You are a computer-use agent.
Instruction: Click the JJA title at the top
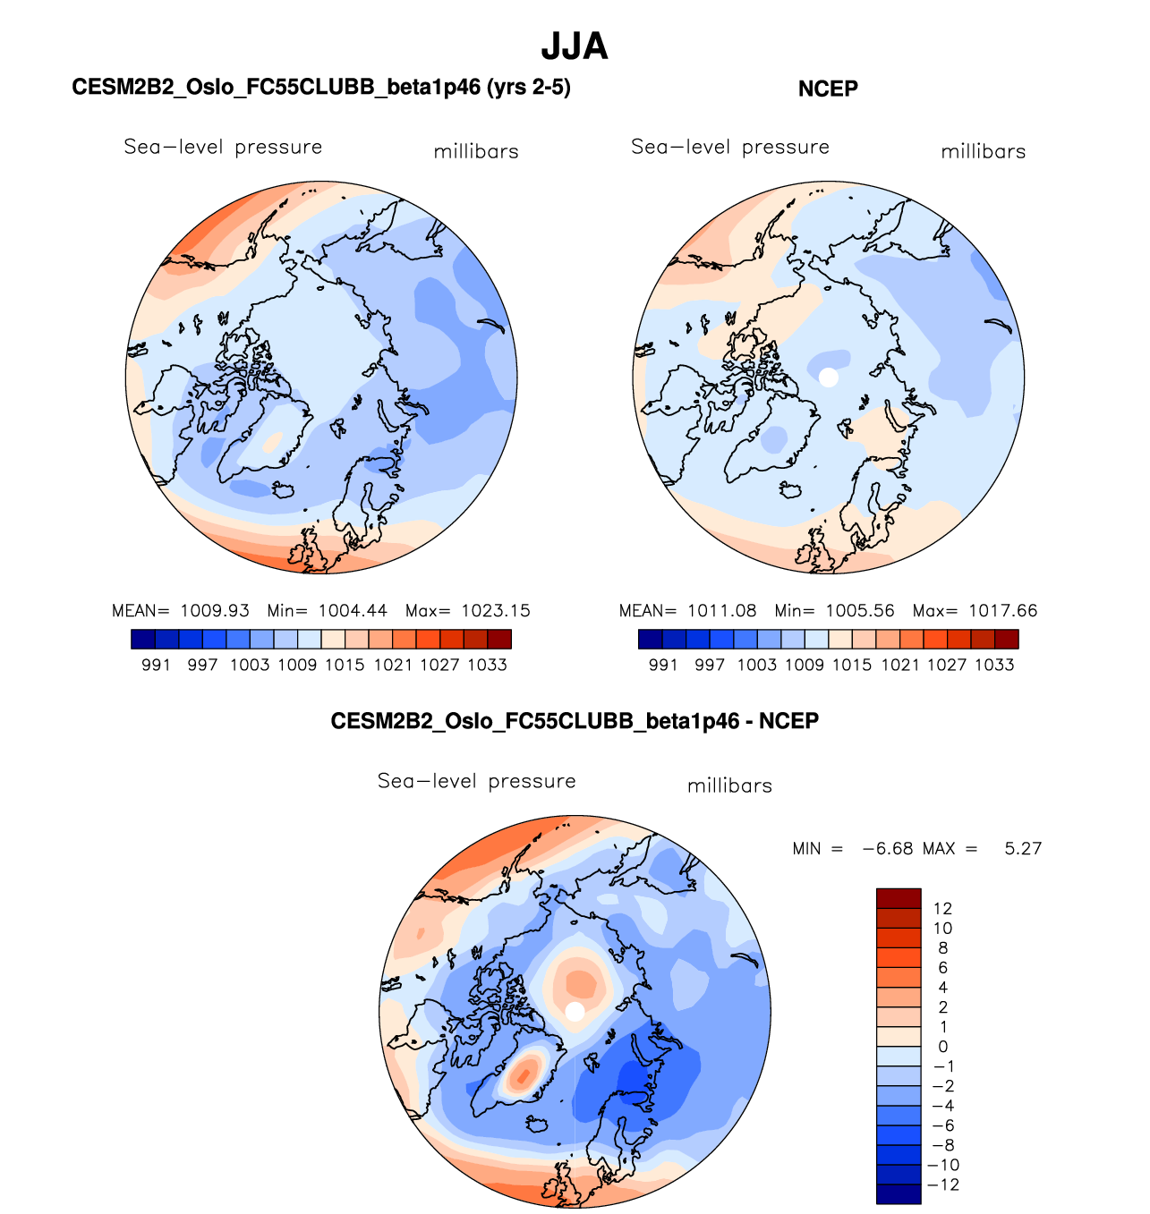coord(575,47)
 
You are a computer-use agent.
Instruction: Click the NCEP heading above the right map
coord(828,89)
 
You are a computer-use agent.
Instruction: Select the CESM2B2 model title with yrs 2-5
coord(321,87)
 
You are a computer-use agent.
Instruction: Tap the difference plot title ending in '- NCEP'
coord(575,721)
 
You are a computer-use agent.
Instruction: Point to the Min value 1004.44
coord(353,611)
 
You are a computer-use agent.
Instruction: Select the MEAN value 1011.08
coord(721,611)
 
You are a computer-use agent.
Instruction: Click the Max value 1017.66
coord(1002,611)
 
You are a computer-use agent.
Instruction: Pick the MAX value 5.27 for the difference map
coord(1023,849)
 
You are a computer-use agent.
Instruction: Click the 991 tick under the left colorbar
coord(156,665)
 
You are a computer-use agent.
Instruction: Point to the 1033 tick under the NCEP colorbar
coord(994,665)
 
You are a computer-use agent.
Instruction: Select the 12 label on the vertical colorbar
coord(942,909)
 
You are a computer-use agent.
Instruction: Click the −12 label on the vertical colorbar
coord(944,1185)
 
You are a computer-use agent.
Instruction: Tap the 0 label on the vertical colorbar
coord(943,1047)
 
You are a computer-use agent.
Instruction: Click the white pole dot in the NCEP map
coord(829,378)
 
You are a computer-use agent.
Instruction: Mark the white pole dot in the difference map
coord(575,1011)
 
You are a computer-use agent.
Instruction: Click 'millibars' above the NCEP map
coord(984,152)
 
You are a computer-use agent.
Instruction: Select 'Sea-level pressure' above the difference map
coord(476,781)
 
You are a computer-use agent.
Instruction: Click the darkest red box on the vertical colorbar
coord(899,898)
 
